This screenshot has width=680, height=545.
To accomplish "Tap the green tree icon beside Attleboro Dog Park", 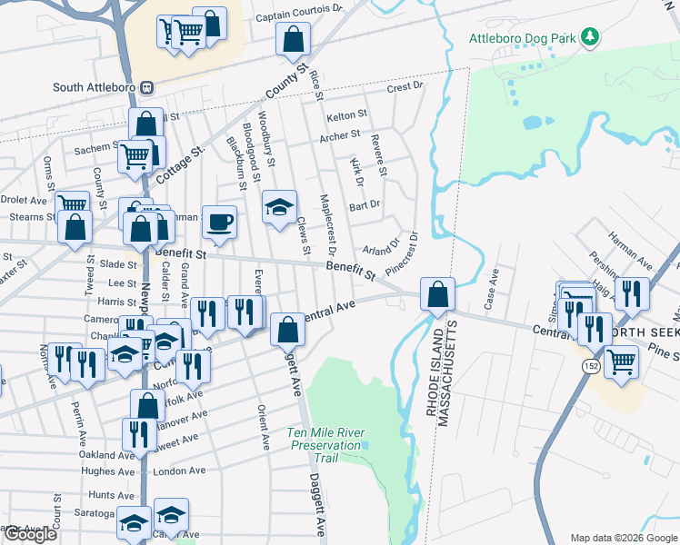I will [591, 36].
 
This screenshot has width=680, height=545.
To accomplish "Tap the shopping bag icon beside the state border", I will [437, 293].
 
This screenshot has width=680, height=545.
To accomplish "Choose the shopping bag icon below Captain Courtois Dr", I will [291, 39].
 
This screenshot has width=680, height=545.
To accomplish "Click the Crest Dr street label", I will [405, 87].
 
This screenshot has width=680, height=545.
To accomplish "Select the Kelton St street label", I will [347, 115].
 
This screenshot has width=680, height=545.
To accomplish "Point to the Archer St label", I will [341, 137].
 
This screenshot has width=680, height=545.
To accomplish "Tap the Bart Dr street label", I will [365, 206].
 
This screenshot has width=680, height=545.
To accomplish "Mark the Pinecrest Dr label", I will [402, 253].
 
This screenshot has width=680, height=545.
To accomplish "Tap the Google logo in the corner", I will [30, 534].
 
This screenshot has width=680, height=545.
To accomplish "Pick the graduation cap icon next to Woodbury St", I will [279, 206].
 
